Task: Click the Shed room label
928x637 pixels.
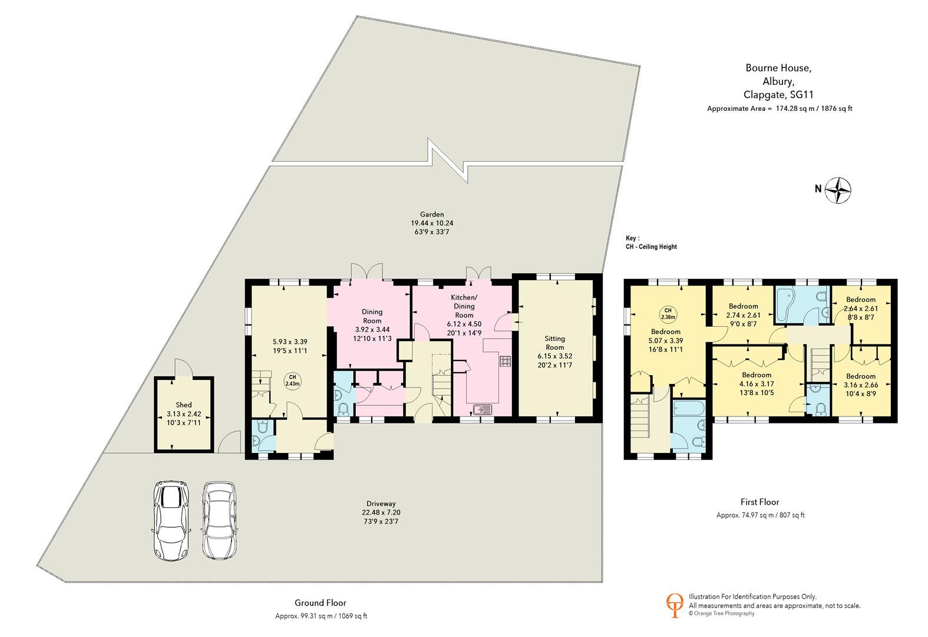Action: tap(183, 405)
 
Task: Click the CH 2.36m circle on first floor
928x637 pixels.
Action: tap(668, 314)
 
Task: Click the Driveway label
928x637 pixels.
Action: tap(381, 504)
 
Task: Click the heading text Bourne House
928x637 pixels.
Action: tap(778, 68)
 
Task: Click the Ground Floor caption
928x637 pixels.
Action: tap(320, 603)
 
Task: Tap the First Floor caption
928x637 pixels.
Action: tap(759, 502)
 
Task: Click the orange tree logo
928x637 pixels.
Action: tap(674, 605)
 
